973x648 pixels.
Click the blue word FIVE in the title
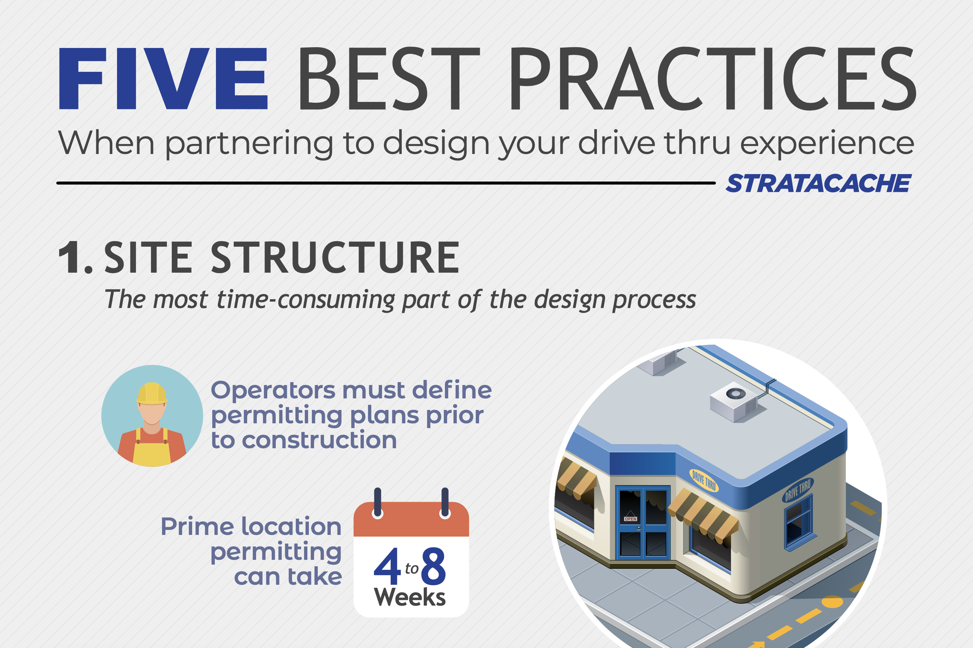(x=164, y=78)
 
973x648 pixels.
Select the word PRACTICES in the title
(x=713, y=78)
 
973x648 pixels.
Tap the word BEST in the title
(x=389, y=78)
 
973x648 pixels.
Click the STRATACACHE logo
(x=818, y=183)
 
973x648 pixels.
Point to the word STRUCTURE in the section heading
(x=335, y=257)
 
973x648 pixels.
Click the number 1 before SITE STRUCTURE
(x=71, y=257)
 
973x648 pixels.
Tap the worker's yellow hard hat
(x=152, y=394)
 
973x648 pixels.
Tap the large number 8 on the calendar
(x=433, y=566)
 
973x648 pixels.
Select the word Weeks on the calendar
(x=410, y=597)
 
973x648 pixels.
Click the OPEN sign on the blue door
(x=630, y=519)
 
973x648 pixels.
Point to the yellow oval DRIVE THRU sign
(x=704, y=480)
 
